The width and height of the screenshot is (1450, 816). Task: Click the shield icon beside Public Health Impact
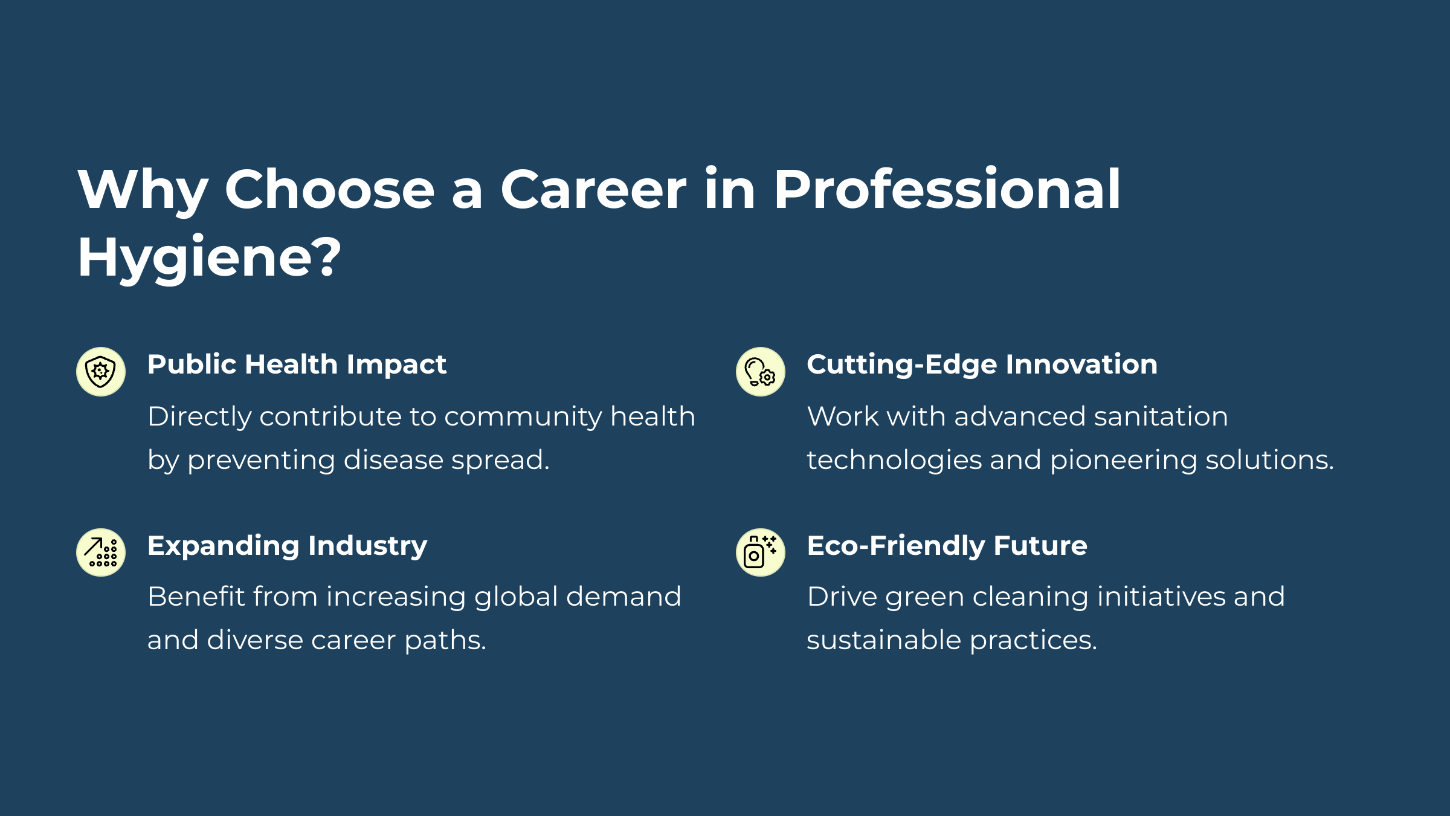(x=101, y=372)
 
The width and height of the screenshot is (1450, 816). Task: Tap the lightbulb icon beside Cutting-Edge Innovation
(x=761, y=372)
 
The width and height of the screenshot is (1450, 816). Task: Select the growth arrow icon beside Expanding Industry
(x=101, y=552)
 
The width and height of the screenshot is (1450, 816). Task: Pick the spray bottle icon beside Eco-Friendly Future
(x=761, y=552)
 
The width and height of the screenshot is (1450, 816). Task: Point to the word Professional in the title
(x=947, y=189)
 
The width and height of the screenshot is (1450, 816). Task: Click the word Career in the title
(x=593, y=189)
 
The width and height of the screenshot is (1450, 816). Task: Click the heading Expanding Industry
(x=288, y=546)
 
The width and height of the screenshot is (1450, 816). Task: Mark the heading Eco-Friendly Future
(x=947, y=546)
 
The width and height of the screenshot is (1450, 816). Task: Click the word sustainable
(x=884, y=640)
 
